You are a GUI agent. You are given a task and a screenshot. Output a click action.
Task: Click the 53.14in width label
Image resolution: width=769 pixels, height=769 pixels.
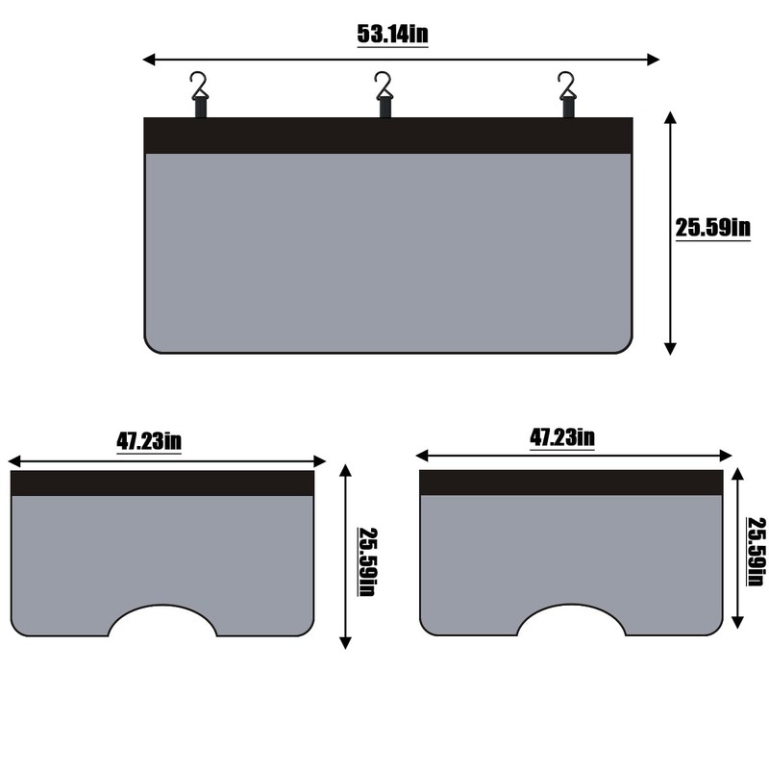(x=392, y=35)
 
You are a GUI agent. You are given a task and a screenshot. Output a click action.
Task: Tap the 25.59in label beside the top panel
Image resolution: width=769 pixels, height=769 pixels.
(x=712, y=228)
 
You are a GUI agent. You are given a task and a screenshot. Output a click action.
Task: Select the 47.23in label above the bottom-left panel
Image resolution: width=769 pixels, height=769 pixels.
(x=149, y=441)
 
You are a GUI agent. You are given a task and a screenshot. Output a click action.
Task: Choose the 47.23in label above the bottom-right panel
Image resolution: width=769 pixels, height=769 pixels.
(x=562, y=437)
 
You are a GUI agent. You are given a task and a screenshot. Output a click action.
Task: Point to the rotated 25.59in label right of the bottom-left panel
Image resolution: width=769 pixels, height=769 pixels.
(x=368, y=562)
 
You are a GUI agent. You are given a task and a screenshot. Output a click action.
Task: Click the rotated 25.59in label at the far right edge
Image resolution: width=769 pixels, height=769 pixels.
(x=757, y=551)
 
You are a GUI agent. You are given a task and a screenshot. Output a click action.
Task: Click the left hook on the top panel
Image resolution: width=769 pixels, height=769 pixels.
(x=200, y=95)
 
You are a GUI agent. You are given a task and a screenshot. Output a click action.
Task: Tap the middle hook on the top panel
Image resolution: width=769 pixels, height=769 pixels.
(x=384, y=95)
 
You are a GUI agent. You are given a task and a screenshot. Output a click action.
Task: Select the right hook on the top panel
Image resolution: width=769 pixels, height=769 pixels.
(x=567, y=95)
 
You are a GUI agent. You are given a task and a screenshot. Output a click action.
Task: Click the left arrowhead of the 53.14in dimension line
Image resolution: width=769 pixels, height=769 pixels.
(x=149, y=60)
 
